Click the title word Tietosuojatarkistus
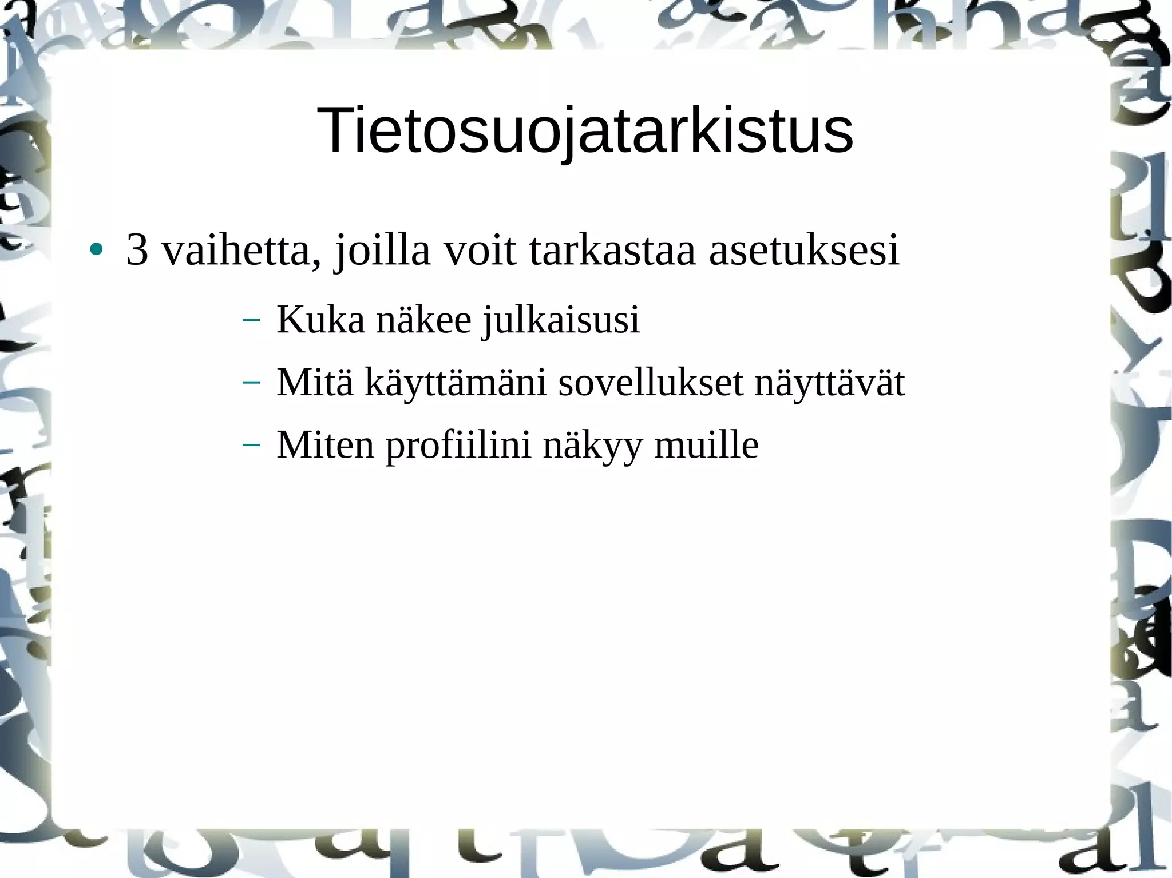[584, 131]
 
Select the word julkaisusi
[561, 320]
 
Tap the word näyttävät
[830, 383]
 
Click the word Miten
[325, 444]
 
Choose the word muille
[706, 444]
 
